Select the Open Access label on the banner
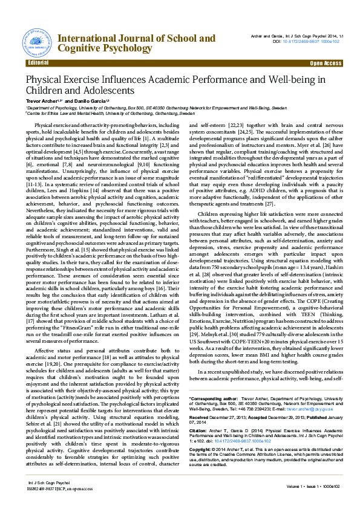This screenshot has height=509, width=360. point(326,63)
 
